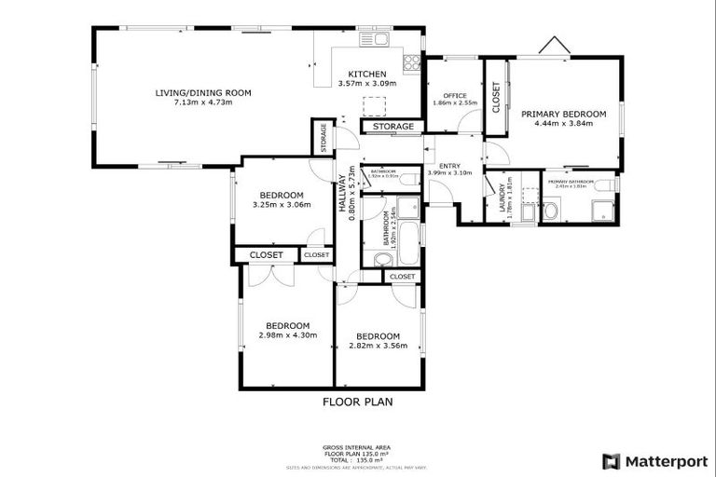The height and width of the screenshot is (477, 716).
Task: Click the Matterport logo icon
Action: tap(612, 460)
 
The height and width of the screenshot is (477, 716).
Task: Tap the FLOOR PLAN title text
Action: tap(357, 402)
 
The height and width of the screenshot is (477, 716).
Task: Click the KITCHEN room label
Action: tap(366, 75)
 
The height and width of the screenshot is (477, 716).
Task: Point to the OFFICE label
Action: tap(454, 95)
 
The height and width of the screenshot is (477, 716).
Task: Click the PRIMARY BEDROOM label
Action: tap(563, 114)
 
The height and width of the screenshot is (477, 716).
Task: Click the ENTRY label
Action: tap(449, 166)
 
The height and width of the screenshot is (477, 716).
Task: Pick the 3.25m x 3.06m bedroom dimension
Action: tap(281, 204)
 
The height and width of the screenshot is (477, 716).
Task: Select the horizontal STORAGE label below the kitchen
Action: tap(392, 126)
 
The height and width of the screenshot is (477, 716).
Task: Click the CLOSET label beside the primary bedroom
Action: tap(496, 97)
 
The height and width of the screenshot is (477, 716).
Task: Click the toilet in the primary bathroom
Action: tap(550, 212)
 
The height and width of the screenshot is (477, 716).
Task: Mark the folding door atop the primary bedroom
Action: tap(554, 47)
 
